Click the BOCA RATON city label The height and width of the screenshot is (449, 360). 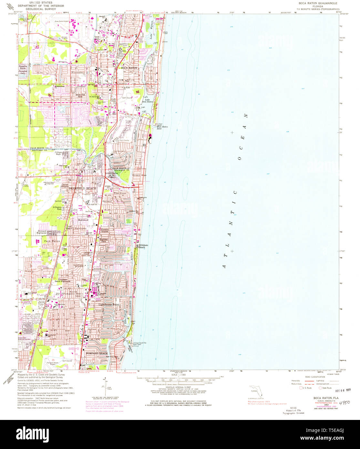pyautogui.click(x=129, y=68)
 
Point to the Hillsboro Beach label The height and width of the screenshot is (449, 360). pyautogui.click(x=144, y=246)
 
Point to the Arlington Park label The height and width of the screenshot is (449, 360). pyautogui.click(x=57, y=208)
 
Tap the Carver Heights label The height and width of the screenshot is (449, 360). pyautogui.click(x=65, y=185)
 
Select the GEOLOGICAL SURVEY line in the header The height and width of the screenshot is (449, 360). pyautogui.click(x=41, y=10)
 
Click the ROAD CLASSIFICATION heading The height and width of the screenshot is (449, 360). pyautogui.click(x=314, y=377)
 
